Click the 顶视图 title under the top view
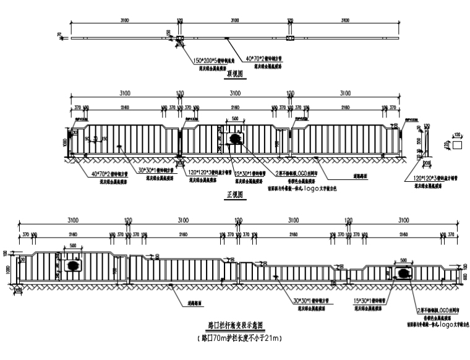234,72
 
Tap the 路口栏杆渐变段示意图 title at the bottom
235,324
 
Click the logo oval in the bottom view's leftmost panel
73,265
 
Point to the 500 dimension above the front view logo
234,119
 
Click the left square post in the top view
180,38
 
